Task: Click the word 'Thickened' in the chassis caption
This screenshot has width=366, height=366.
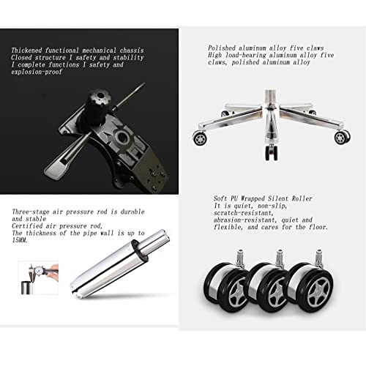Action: tap(26, 51)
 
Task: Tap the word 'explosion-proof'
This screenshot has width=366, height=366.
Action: tap(37, 72)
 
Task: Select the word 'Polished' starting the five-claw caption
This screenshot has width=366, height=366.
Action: tap(222, 48)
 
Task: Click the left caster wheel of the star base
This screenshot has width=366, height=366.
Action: tap(200, 138)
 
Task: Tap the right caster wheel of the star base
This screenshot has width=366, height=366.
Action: tap(342, 138)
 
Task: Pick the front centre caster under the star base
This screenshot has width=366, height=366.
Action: tap(272, 152)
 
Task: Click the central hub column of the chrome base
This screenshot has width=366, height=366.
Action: tap(270, 117)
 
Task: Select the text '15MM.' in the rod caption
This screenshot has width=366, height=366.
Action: tap(20, 240)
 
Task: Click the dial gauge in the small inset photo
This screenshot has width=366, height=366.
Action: tap(37, 270)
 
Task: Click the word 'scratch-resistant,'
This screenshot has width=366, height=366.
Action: tap(242, 213)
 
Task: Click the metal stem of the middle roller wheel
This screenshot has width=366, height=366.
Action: tap(280, 258)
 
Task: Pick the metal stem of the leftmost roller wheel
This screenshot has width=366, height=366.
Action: tap(240, 258)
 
